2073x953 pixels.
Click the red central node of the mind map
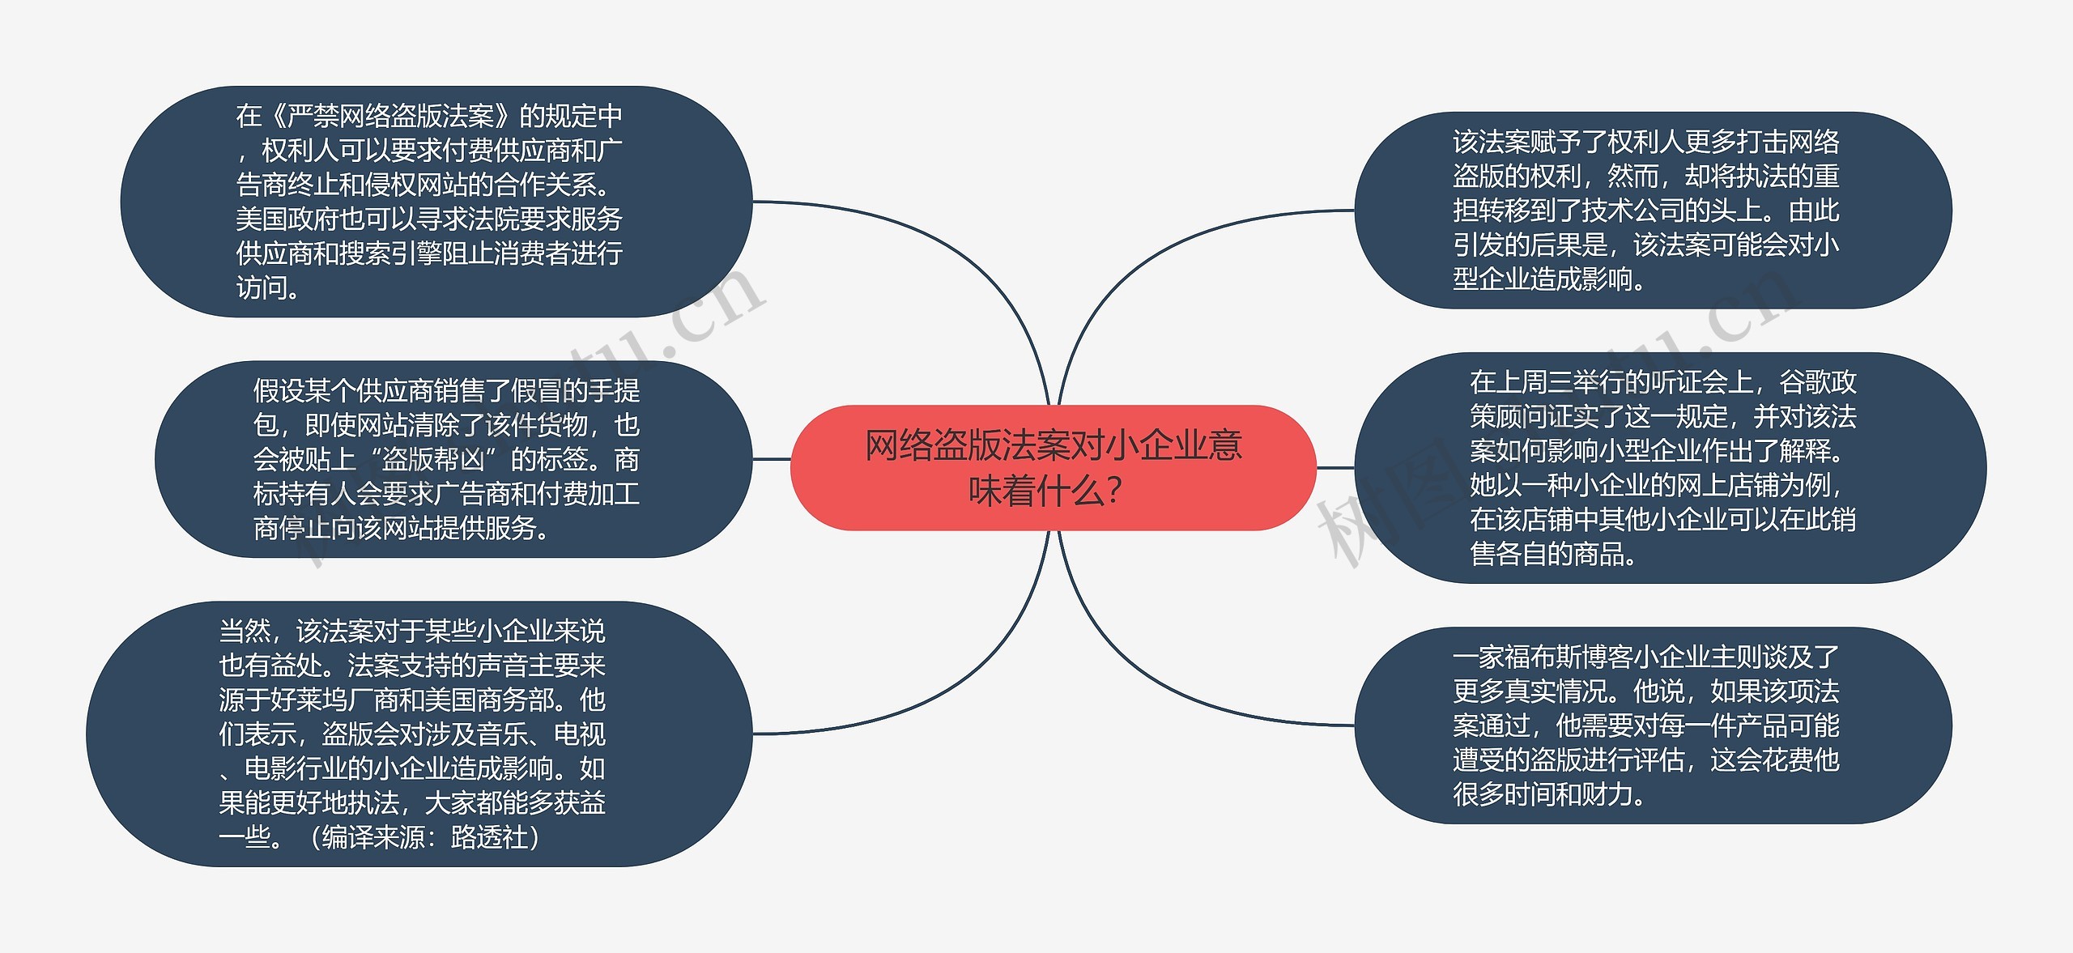point(1053,467)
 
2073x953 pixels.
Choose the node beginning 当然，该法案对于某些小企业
point(419,734)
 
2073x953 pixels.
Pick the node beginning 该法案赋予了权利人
point(1652,211)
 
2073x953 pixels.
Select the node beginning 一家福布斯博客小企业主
point(1652,725)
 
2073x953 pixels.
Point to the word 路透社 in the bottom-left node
point(488,837)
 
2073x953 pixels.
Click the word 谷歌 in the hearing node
point(1804,382)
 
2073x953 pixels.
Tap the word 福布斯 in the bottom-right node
point(1541,657)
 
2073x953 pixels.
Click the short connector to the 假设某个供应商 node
point(771,459)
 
